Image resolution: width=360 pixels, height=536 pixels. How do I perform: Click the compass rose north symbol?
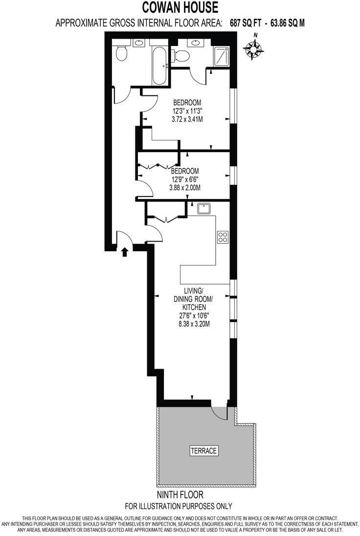pos(254,47)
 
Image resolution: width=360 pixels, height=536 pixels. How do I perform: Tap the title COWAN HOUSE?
pos(180,8)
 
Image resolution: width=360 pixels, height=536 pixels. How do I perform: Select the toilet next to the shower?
pos(182,56)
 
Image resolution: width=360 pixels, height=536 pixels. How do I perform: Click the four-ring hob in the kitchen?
pos(223,237)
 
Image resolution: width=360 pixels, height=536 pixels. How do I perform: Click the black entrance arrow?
pos(125,252)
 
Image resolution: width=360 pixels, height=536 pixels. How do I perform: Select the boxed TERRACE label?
pos(203,451)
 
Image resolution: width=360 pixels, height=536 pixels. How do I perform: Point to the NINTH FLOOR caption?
pos(180,495)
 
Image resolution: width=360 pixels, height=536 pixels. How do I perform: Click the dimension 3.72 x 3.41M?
pos(188,118)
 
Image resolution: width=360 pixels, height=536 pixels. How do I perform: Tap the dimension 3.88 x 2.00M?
pos(184,187)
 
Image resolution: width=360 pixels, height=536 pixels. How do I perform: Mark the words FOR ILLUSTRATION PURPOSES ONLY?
pos(179,506)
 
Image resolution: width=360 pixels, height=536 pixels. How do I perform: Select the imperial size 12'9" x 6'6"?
pos(184,179)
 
